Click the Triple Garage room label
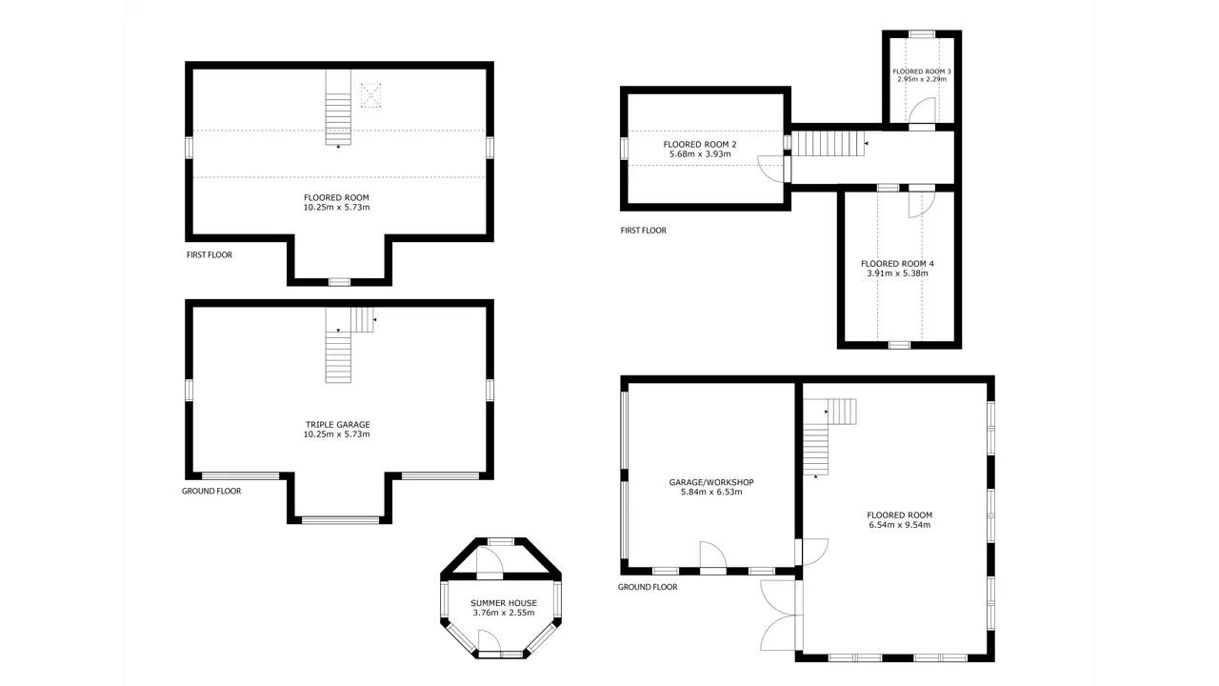(x=337, y=425)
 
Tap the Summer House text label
(x=504, y=603)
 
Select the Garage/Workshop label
(x=711, y=482)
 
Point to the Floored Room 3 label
(x=922, y=71)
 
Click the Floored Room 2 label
(x=700, y=144)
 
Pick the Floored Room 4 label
(x=897, y=264)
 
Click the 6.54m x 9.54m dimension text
(x=900, y=525)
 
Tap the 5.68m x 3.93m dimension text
(x=700, y=154)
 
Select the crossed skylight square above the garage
(x=370, y=95)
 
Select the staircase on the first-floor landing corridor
(x=828, y=144)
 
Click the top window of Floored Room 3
(x=922, y=34)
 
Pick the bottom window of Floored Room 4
(x=899, y=345)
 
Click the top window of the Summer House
(x=501, y=541)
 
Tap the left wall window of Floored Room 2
(x=624, y=148)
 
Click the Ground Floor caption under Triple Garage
(x=211, y=491)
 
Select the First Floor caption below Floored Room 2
(x=643, y=231)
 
